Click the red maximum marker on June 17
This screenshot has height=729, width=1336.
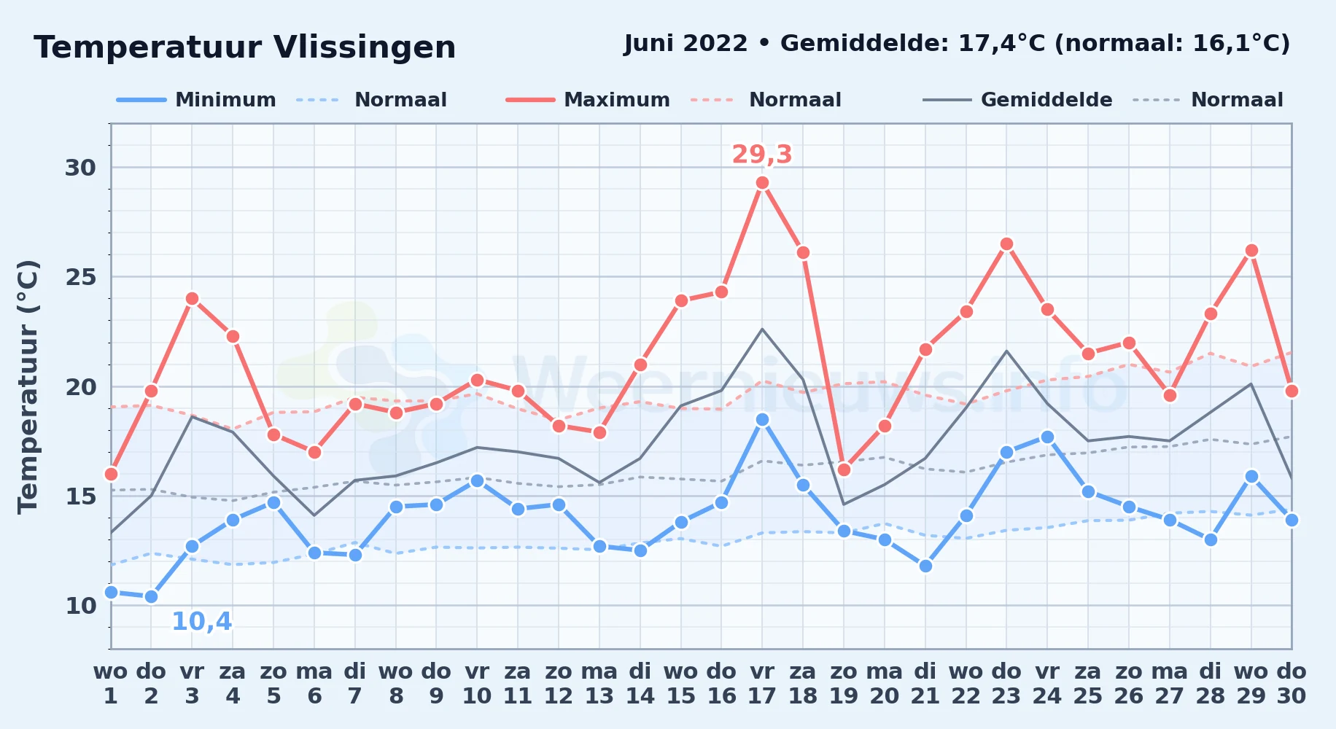click(x=762, y=183)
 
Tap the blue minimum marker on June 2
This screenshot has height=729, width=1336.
click(x=151, y=596)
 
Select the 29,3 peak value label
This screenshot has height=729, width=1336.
click(x=762, y=155)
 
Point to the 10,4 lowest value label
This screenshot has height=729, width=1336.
click(x=202, y=622)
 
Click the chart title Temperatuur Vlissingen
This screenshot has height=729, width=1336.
click(x=245, y=47)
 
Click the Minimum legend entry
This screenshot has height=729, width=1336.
click(x=196, y=100)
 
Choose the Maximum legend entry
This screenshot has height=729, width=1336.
click(x=588, y=100)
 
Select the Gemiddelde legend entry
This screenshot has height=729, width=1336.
click(x=1018, y=100)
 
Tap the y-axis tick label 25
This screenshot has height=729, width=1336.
click(x=81, y=277)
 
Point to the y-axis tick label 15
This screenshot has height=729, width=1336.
click(x=81, y=496)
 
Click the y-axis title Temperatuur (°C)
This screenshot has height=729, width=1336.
click(x=28, y=386)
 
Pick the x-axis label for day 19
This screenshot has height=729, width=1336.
click(x=844, y=684)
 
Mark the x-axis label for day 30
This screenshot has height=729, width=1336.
click(x=1292, y=684)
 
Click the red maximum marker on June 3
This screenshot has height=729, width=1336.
click(x=192, y=299)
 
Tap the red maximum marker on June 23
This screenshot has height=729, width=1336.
click(x=1006, y=244)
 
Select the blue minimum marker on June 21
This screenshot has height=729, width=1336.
click(x=925, y=566)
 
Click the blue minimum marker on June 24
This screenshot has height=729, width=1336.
click(x=1047, y=437)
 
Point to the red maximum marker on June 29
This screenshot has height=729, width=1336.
click(x=1251, y=251)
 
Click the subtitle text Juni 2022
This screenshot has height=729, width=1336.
click(x=686, y=44)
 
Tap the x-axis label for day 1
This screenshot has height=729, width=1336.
click(x=111, y=684)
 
